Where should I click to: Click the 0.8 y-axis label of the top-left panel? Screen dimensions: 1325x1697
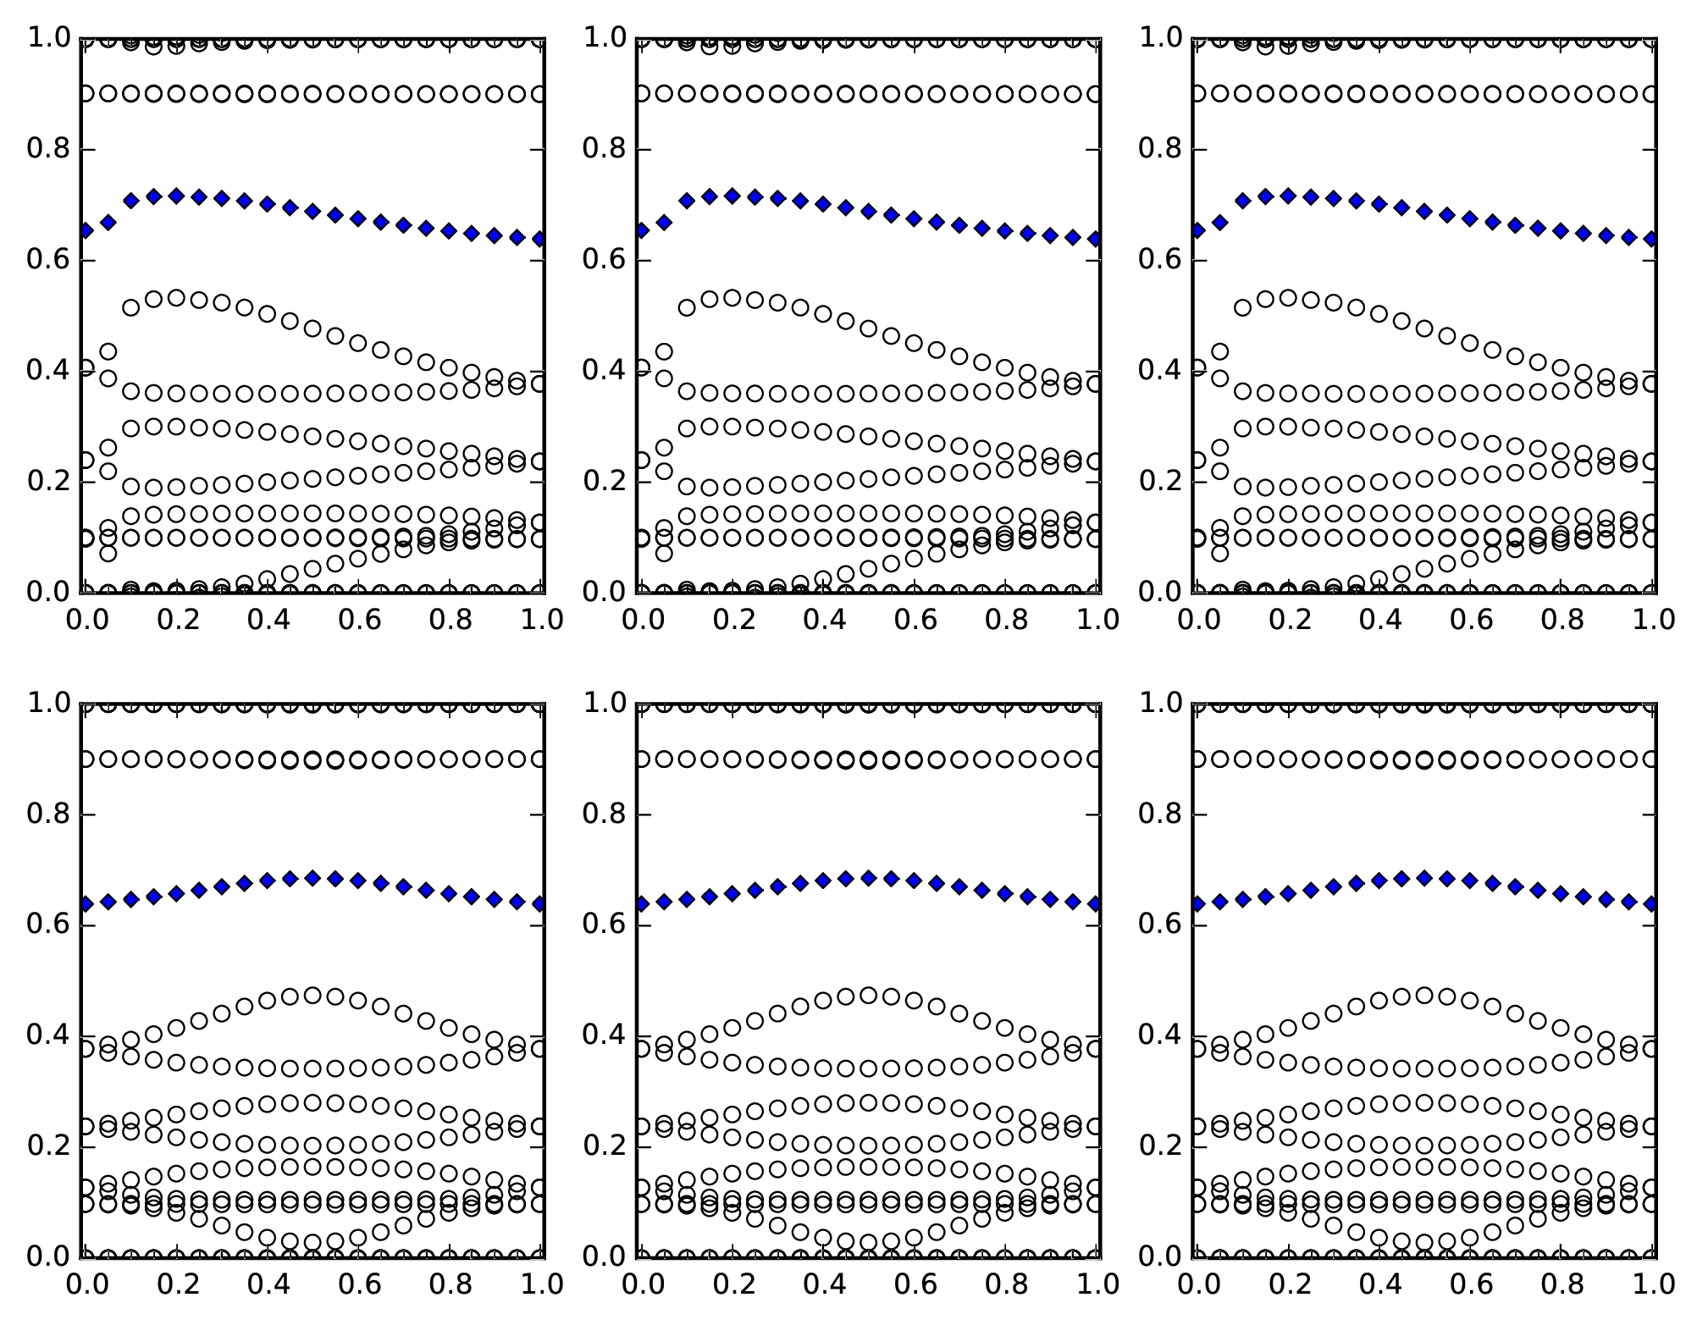click(47, 150)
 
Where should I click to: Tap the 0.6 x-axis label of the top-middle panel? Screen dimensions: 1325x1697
click(914, 621)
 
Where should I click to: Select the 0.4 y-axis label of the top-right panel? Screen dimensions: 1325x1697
click(1158, 372)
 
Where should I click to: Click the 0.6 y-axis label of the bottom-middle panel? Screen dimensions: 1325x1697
click(602, 925)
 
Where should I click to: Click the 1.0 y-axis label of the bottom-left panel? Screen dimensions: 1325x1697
click(47, 704)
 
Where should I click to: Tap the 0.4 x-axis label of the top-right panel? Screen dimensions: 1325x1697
click(1379, 621)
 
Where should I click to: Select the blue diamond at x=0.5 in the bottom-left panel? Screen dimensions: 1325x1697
click(312, 878)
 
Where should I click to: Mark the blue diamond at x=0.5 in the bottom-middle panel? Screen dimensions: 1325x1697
click(868, 878)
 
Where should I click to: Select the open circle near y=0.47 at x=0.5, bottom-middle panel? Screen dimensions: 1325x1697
click(868, 995)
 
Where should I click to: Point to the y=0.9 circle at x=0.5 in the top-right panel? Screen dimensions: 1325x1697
click(1424, 94)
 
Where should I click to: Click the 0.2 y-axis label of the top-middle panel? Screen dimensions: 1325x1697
click(602, 482)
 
